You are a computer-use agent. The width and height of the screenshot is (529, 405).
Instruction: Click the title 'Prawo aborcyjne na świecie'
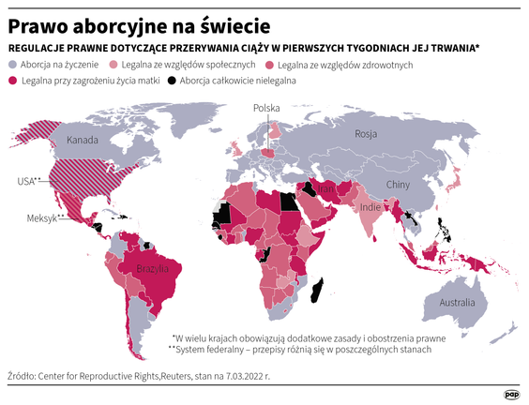click(140, 21)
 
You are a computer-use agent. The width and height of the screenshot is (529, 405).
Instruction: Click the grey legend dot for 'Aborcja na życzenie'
click(14, 65)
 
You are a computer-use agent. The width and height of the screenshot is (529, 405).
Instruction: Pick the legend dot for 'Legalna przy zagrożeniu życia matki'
click(14, 82)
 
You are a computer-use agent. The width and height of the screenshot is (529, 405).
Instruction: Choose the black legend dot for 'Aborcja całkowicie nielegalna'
click(171, 82)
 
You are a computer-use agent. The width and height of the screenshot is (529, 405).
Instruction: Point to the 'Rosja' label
click(366, 135)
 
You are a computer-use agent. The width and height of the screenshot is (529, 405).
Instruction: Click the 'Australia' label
click(457, 303)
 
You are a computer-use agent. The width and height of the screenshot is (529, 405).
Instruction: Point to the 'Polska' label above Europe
click(268, 108)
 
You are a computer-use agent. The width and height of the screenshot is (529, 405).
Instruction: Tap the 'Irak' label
click(326, 188)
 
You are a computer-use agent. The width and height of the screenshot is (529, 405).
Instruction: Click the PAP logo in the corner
click(511, 393)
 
